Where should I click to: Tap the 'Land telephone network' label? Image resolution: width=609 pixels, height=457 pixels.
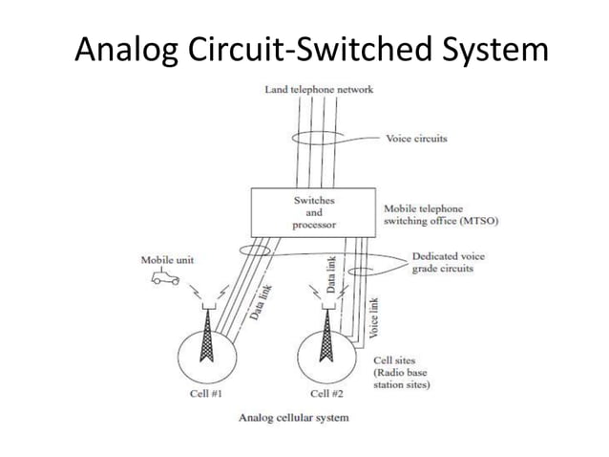tap(318, 90)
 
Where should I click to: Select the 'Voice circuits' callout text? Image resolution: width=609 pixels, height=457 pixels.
tap(416, 139)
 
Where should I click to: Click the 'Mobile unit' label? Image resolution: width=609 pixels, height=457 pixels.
tap(163, 259)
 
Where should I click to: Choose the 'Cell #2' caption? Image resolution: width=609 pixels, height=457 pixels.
tap(327, 393)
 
